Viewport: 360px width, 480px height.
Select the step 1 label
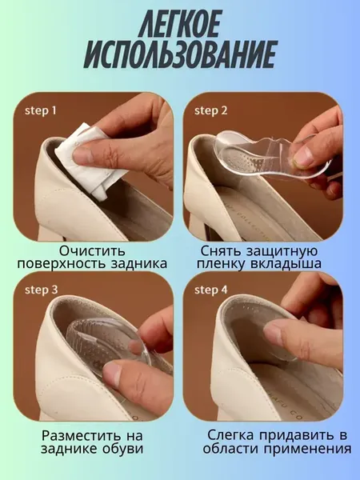click(x=41, y=110)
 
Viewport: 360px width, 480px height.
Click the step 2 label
click(x=211, y=111)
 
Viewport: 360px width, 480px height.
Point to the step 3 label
click(x=41, y=290)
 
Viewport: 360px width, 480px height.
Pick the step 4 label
click(x=211, y=290)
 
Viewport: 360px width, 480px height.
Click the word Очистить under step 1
click(x=92, y=250)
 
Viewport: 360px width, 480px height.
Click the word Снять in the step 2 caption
click(x=221, y=250)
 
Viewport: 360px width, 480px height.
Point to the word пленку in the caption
click(x=221, y=264)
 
